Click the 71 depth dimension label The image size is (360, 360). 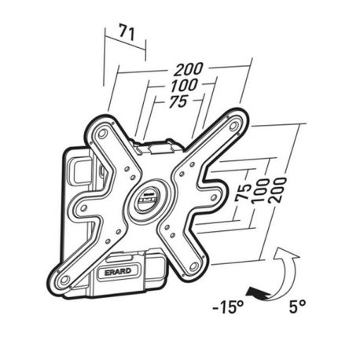pyautogui.click(x=127, y=32)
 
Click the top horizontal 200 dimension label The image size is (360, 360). pyautogui.click(x=189, y=69)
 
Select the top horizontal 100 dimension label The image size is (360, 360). pyautogui.click(x=184, y=86)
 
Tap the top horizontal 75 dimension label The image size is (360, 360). pyautogui.click(x=178, y=101)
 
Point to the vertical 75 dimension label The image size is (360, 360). pyautogui.click(x=243, y=193)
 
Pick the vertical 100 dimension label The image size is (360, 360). pyautogui.click(x=260, y=191)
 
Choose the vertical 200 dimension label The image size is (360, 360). pyautogui.click(x=277, y=190)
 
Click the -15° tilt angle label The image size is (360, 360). pyautogui.click(x=229, y=307)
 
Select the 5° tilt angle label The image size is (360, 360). pyautogui.click(x=298, y=307)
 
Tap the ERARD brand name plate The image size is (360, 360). pyautogui.click(x=118, y=272)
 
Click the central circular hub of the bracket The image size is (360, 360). pyautogui.click(x=149, y=201)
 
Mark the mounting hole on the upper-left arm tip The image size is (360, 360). pyautogui.click(x=101, y=134)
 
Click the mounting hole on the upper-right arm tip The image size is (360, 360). pyautogui.click(x=233, y=126)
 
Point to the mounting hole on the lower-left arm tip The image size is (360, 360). pyautogui.click(x=64, y=280)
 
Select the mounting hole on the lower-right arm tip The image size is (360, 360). pyautogui.click(x=193, y=266)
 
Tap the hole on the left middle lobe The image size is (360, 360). pyautogui.click(x=84, y=208)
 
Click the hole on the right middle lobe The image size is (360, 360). pyautogui.click(x=213, y=197)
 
